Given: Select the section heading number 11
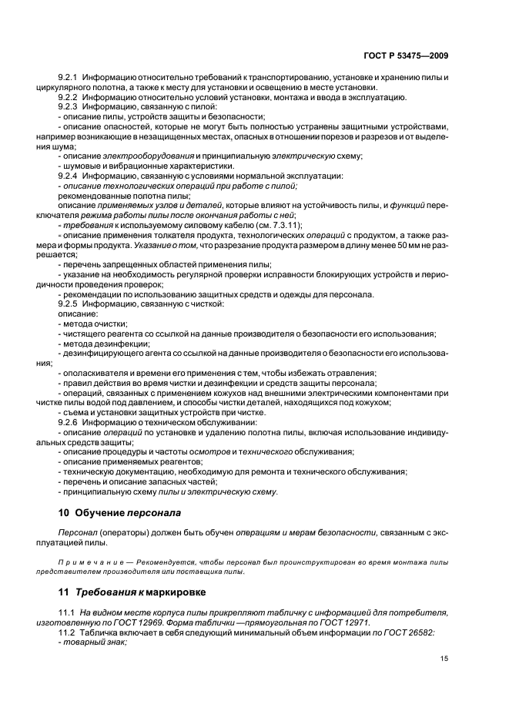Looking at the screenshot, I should tap(64, 592).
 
